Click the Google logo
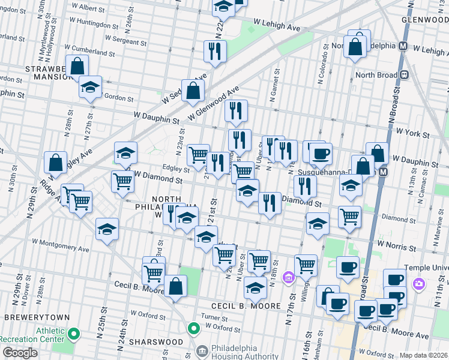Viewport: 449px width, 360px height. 20,353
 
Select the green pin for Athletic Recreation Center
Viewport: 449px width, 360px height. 74,334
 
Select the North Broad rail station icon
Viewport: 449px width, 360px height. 405,75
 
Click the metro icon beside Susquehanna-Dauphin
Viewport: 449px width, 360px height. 384,172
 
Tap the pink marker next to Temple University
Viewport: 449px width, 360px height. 419,283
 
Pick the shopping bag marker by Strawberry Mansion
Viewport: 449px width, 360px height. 77,65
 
